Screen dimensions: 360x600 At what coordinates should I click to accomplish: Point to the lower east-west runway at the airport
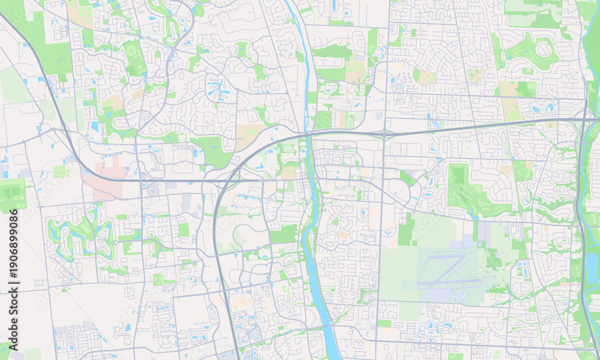(450, 281)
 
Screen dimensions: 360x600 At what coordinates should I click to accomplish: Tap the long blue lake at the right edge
(592, 264)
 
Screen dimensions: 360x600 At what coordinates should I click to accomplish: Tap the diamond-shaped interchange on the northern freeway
(384, 133)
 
